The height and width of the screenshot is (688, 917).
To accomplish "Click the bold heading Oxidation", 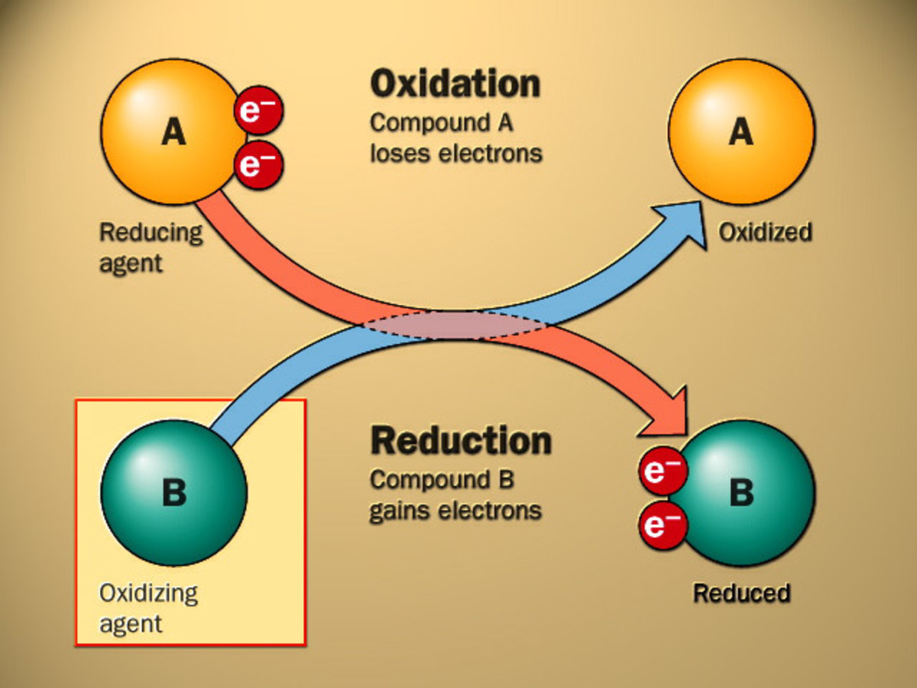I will (x=455, y=84).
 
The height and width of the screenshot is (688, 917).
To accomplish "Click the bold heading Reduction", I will (x=460, y=441).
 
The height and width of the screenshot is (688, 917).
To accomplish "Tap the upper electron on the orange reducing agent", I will (x=259, y=110).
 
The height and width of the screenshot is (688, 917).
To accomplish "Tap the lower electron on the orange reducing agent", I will (x=259, y=164).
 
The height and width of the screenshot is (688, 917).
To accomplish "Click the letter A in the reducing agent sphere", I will (x=173, y=133).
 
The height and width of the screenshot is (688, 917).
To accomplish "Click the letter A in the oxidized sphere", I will (x=740, y=133).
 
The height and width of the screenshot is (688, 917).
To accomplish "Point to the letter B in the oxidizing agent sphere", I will (x=173, y=493).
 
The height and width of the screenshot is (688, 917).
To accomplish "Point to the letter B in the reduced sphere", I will (x=740, y=493).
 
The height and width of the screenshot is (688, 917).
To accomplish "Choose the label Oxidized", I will (x=765, y=232).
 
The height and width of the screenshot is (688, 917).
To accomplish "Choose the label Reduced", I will (x=740, y=592).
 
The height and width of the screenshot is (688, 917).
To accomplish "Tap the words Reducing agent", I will (x=151, y=247).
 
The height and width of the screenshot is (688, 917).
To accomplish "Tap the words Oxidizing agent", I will (x=148, y=608).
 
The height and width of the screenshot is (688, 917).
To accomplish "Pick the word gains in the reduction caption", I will (x=402, y=511).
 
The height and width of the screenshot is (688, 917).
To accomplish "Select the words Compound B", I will (x=442, y=480).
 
